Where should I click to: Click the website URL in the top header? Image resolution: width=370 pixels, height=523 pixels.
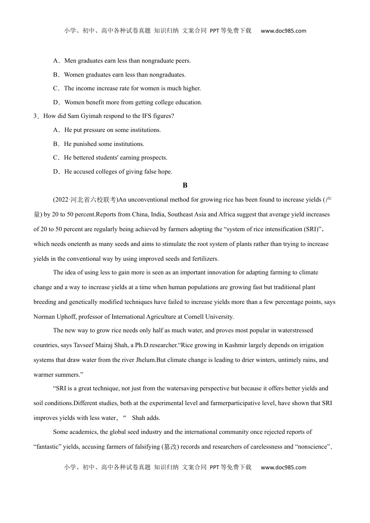tap(283, 31)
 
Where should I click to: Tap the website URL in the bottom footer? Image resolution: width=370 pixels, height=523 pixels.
tap(283, 467)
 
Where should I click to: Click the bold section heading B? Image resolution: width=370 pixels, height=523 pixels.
tap(185, 185)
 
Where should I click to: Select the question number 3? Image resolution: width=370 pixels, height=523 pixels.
tap(35, 116)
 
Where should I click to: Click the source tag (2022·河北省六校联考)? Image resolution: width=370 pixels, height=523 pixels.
tap(85, 200)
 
